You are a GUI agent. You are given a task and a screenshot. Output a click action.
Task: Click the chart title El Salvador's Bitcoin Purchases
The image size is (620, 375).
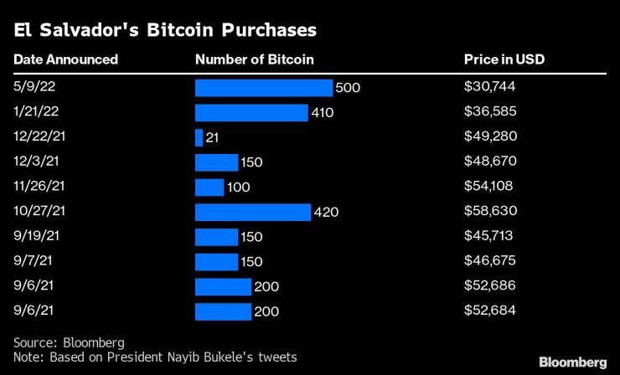(164, 31)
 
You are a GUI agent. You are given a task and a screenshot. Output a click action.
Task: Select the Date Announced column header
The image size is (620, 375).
(66, 59)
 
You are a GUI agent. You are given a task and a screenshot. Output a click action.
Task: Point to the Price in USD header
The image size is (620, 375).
(505, 59)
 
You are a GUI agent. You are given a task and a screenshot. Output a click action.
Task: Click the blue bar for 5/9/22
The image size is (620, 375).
(264, 88)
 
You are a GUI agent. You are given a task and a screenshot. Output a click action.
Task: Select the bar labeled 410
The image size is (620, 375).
(251, 112)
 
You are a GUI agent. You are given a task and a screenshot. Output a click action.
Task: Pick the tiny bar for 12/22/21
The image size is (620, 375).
(199, 137)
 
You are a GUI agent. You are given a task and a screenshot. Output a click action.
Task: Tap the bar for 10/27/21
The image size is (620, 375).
(253, 212)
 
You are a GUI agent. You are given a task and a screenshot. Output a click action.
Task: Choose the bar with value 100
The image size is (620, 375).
(209, 187)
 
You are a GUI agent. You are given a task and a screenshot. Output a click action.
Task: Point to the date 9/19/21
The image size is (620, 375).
(35, 237)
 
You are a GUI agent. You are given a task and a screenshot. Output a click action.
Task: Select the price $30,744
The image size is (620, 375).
(490, 88)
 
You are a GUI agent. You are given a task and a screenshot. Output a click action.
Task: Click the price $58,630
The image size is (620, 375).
(490, 212)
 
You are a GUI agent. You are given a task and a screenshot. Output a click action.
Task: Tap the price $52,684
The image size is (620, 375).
(490, 311)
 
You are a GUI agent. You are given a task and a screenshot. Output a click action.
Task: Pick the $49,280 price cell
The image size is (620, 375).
(490, 137)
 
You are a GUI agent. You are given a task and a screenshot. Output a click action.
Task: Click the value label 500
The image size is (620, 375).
(347, 88)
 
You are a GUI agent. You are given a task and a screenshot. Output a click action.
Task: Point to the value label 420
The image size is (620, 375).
(325, 212)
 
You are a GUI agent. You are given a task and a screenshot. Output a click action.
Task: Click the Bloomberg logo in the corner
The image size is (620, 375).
(572, 362)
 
